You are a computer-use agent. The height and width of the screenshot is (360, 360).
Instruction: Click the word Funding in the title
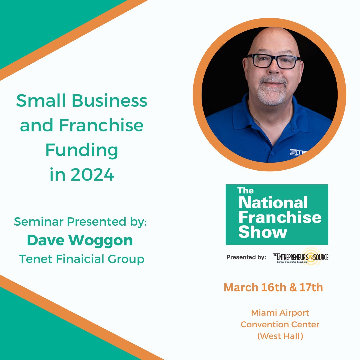82,150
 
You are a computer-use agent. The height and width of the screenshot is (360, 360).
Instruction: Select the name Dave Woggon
80,241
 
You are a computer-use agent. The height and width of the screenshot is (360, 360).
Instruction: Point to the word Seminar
34,222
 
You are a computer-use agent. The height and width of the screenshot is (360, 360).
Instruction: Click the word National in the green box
273,203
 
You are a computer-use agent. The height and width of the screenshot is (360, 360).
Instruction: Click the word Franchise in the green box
280,217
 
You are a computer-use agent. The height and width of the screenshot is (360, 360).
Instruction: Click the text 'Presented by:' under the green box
246,257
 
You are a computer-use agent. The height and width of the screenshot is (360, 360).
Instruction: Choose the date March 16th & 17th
273,287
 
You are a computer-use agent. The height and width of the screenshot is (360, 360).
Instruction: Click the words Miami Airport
280,313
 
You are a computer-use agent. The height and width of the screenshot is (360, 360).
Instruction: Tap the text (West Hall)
280,336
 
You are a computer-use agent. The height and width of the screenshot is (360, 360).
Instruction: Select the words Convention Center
280,324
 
